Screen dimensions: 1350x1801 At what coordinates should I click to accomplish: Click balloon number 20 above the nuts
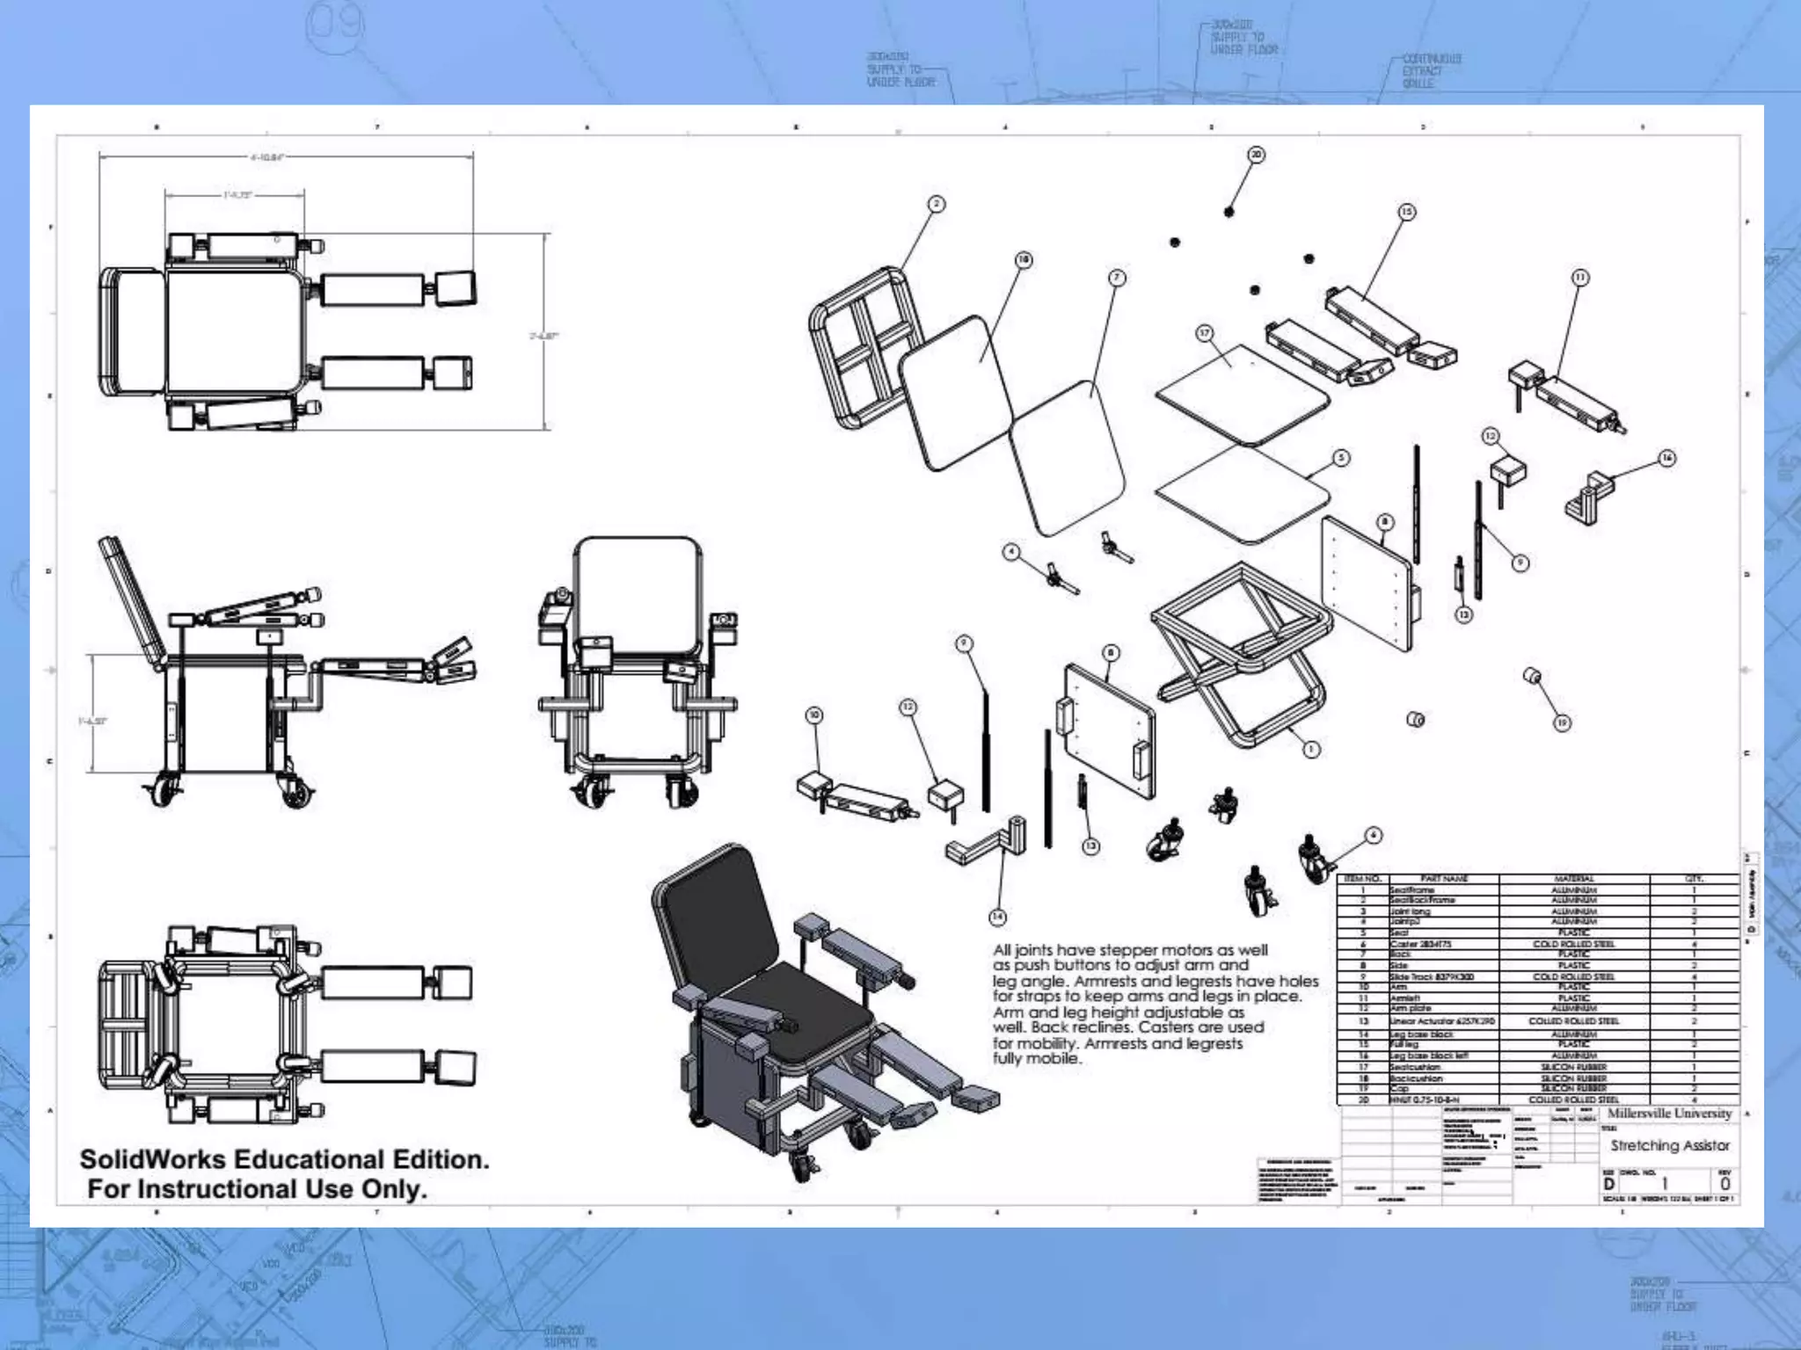pyautogui.click(x=1256, y=155)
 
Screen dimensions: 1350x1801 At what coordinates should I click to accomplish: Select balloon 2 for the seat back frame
pyautogui.click(x=937, y=204)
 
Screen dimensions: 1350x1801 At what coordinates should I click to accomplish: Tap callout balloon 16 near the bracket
pyautogui.click(x=1666, y=458)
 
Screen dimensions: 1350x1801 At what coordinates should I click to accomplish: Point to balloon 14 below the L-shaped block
pyautogui.click(x=997, y=917)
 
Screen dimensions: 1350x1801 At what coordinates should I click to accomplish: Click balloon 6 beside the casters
pyautogui.click(x=1374, y=835)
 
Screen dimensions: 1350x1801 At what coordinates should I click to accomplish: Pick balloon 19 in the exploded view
pyautogui.click(x=1562, y=722)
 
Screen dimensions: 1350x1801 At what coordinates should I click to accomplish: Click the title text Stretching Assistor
pyautogui.click(x=1669, y=1145)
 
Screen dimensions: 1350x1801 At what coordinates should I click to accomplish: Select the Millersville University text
pyautogui.click(x=1669, y=1114)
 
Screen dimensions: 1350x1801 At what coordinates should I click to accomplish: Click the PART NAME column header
pyautogui.click(x=1443, y=878)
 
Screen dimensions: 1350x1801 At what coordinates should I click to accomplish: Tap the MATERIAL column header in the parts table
pyautogui.click(x=1573, y=878)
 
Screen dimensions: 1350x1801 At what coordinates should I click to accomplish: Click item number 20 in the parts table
pyautogui.click(x=1363, y=1100)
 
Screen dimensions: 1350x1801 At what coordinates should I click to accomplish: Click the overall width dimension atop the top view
pyautogui.click(x=266, y=158)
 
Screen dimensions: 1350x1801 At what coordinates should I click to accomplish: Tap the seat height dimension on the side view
pyautogui.click(x=92, y=721)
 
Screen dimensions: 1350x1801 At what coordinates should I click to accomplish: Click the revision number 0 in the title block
pyautogui.click(x=1724, y=1184)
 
